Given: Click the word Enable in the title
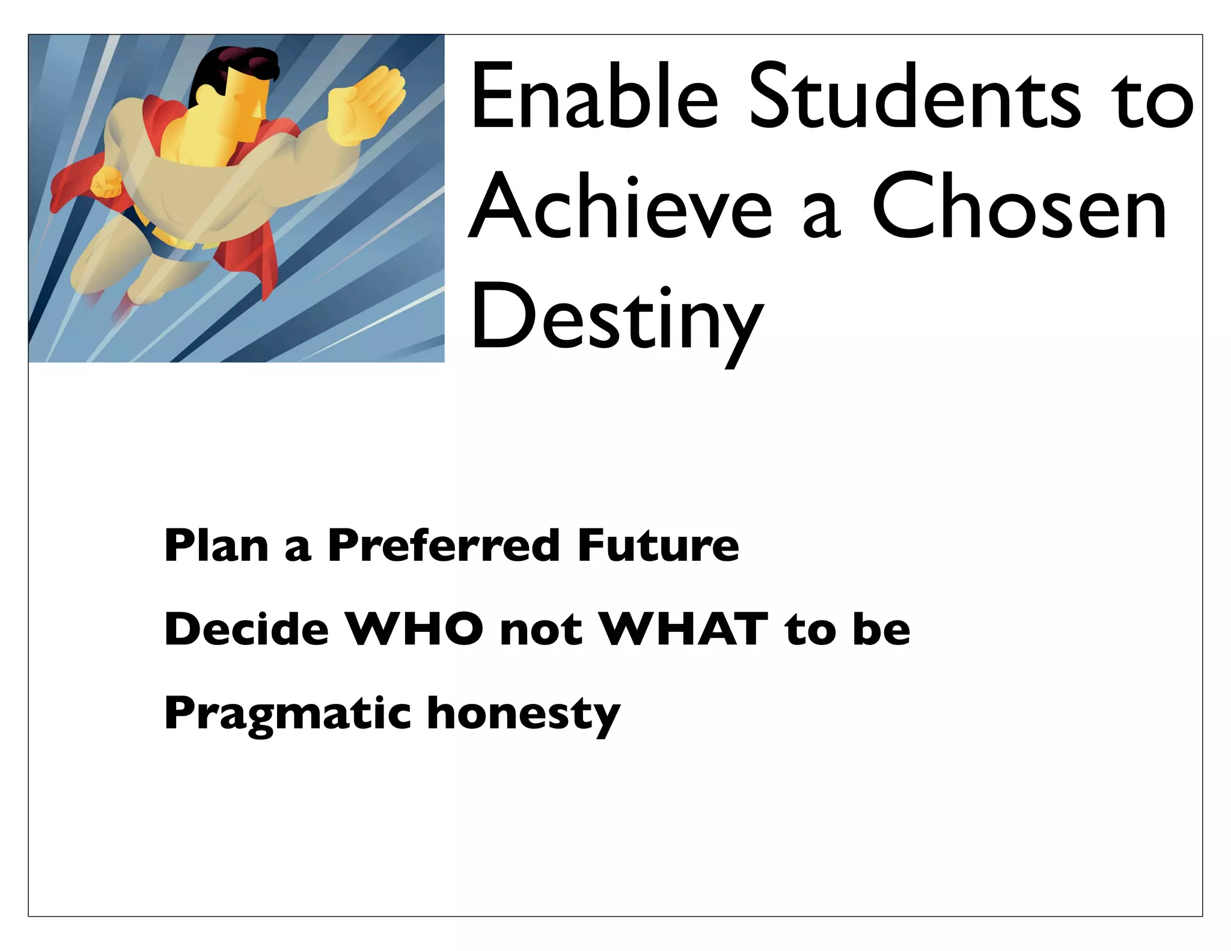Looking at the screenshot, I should [x=594, y=96].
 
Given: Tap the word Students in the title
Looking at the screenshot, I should [x=914, y=96].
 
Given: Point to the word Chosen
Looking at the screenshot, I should [x=1019, y=206].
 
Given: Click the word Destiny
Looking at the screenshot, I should [x=616, y=319].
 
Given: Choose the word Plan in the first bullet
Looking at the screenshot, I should [x=216, y=545].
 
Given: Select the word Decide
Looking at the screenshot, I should [x=246, y=629].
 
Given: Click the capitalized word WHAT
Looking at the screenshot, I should [x=685, y=629].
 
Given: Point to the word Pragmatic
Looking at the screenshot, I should [x=287, y=713].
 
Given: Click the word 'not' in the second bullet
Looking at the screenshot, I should [x=541, y=630].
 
